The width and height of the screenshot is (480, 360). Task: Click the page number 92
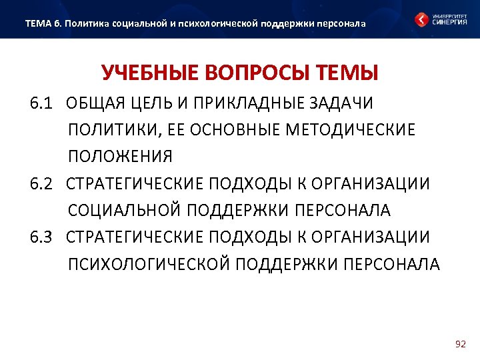[x=460, y=344]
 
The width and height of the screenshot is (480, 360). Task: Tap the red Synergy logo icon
[x=422, y=19]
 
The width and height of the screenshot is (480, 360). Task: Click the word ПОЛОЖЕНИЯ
[x=120, y=157]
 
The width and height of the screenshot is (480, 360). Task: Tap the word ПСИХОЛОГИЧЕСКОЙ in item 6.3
[x=147, y=263]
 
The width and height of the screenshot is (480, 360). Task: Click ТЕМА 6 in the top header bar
[x=43, y=24]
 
